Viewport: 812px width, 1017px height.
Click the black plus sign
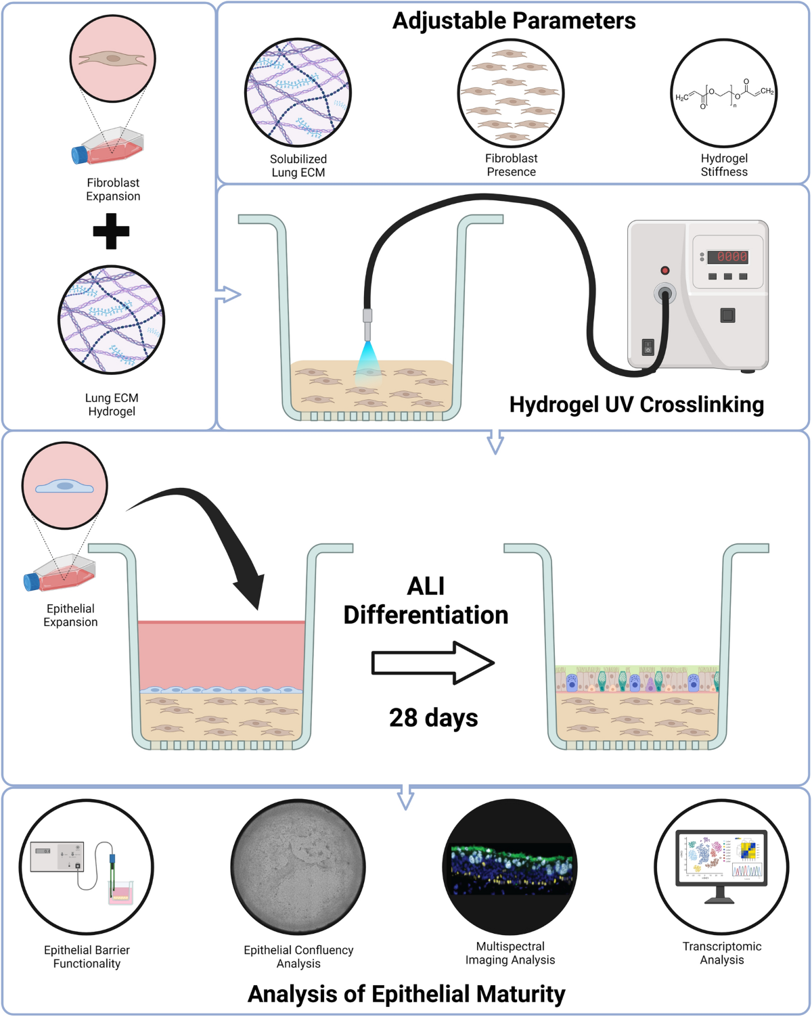[111, 231]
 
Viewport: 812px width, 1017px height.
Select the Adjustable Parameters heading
[514, 21]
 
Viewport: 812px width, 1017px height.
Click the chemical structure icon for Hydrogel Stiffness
[723, 93]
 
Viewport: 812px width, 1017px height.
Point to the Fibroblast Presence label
[511, 165]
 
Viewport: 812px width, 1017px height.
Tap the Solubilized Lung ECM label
[298, 166]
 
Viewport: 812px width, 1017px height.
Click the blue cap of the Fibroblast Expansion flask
[79, 154]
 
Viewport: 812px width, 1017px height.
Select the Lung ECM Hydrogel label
[112, 405]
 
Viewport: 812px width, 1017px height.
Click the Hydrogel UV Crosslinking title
[636, 405]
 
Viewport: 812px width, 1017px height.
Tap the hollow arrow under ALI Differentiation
[432, 663]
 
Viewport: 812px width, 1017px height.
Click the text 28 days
[433, 718]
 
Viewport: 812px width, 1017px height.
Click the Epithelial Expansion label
[70, 615]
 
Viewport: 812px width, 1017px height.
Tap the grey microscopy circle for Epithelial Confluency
[298, 867]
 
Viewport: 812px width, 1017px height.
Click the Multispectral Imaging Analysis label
[510, 953]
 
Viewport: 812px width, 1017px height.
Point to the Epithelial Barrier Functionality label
[87, 957]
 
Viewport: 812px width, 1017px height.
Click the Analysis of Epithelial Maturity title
[406, 994]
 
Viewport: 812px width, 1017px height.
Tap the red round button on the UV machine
[664, 270]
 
